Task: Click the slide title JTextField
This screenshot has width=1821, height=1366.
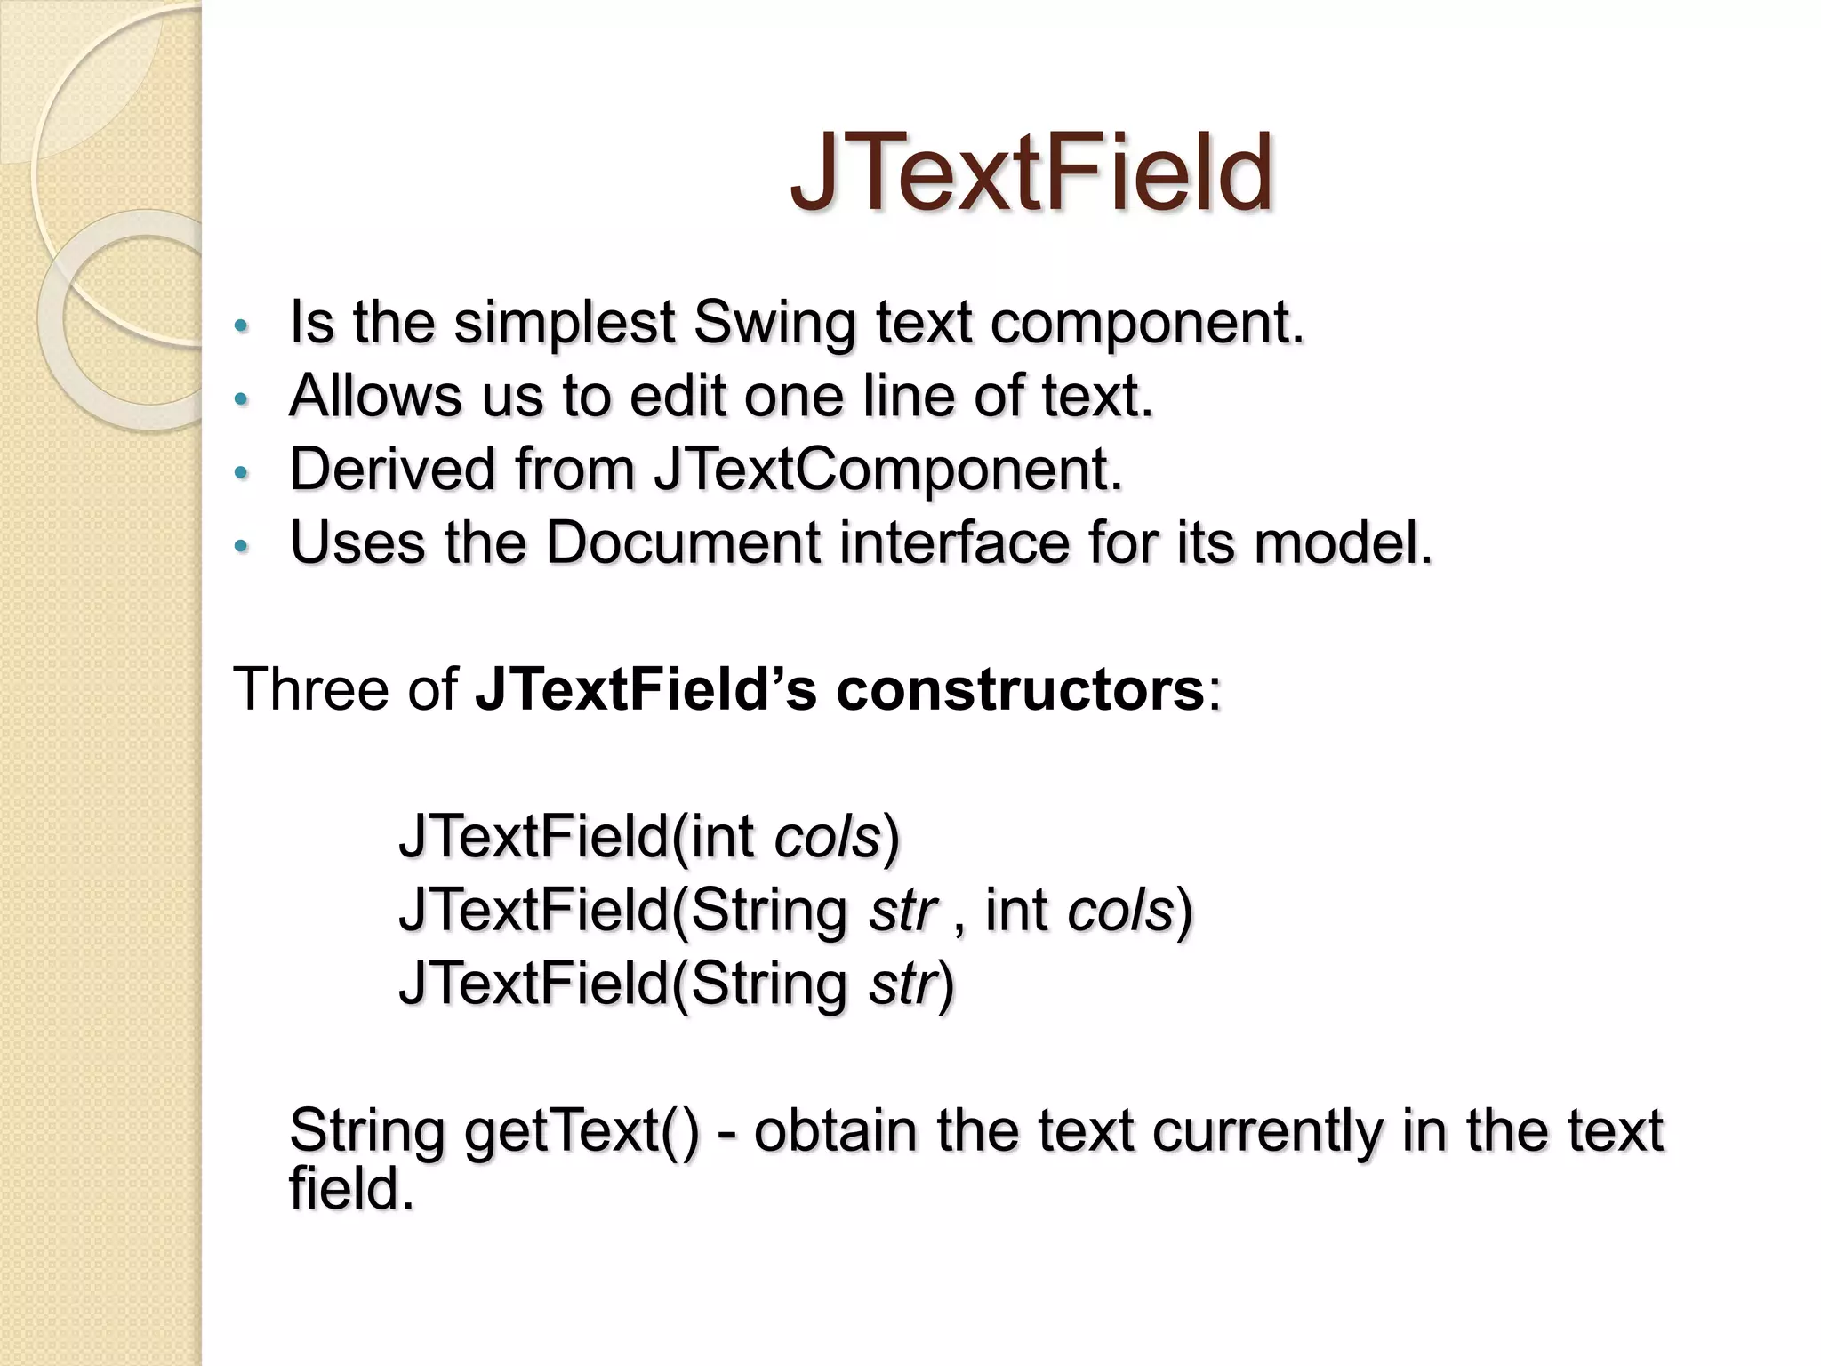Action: click(x=1031, y=173)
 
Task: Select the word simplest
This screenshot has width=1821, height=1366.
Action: click(x=564, y=324)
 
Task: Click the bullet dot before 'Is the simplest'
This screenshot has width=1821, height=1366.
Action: click(x=239, y=325)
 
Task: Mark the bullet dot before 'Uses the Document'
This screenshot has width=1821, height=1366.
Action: click(x=239, y=545)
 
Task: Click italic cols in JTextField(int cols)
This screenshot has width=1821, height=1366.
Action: click(x=827, y=837)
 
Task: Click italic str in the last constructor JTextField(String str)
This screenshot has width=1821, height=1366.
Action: click(x=902, y=984)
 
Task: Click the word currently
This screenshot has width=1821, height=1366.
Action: click(x=1267, y=1131)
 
